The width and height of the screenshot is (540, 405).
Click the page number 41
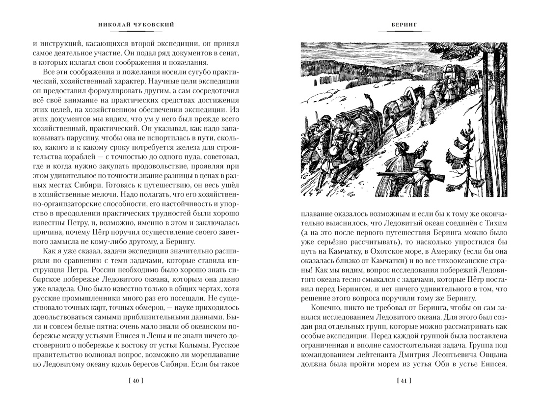click(404, 380)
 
